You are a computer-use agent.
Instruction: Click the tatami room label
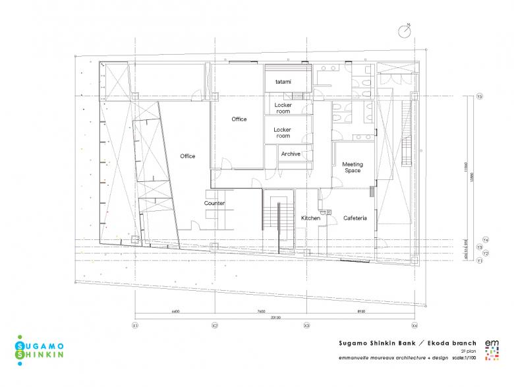click(x=283, y=82)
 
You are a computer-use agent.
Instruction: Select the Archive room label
click(x=291, y=154)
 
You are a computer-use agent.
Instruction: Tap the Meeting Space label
click(x=353, y=167)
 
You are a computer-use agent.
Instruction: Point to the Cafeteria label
click(x=355, y=218)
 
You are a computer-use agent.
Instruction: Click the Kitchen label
click(x=310, y=218)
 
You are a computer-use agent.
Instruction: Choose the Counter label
click(x=214, y=203)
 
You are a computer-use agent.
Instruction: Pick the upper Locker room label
click(x=283, y=108)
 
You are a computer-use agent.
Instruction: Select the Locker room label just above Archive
click(x=283, y=133)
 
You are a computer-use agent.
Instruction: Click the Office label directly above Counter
click(x=188, y=156)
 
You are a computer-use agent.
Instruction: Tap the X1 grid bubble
click(x=134, y=326)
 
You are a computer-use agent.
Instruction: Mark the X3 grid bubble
click(x=306, y=326)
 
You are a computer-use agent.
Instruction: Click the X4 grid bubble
click(x=414, y=326)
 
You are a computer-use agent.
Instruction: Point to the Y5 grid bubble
click(x=480, y=97)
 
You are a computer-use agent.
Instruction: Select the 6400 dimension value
click(x=175, y=311)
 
